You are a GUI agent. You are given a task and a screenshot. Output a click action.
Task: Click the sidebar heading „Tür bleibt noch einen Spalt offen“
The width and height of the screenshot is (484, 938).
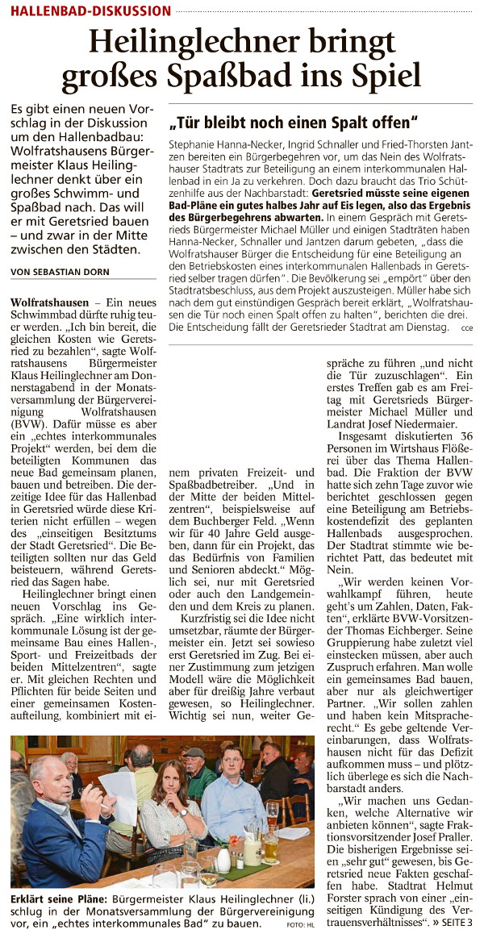click(293, 123)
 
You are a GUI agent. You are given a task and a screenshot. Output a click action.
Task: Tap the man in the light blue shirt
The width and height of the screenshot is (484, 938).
click(234, 794)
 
